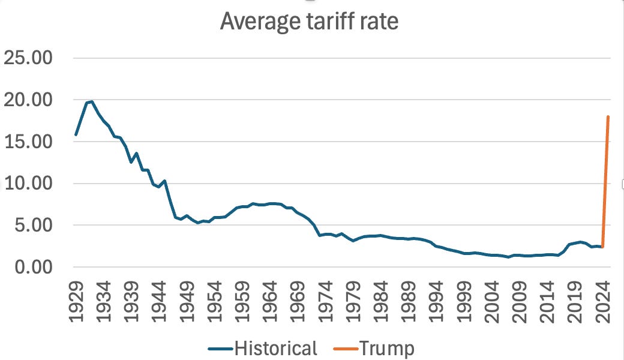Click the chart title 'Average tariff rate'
coord(308,21)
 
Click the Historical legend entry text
coord(275,347)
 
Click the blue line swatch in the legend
coord(221,348)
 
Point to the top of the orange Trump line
coord(608,116)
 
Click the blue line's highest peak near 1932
coord(91,101)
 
